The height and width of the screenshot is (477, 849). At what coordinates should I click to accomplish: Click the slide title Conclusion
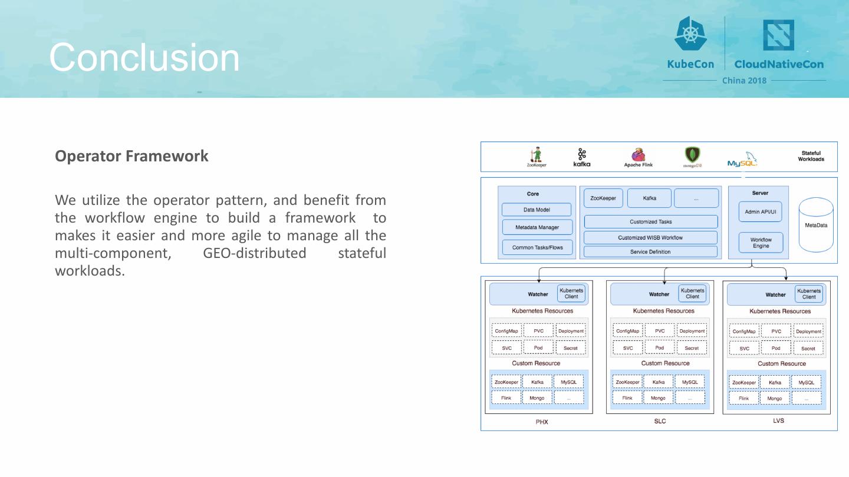(x=144, y=58)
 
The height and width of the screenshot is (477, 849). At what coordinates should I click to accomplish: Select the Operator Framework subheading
(x=131, y=156)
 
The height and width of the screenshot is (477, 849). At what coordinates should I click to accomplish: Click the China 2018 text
(x=744, y=80)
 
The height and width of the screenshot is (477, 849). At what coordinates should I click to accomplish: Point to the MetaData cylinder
(x=816, y=225)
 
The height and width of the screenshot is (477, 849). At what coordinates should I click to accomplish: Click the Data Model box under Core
(x=537, y=210)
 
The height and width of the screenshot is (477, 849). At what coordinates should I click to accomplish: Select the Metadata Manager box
(x=537, y=227)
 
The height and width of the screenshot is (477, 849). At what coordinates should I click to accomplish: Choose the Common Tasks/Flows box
(x=537, y=247)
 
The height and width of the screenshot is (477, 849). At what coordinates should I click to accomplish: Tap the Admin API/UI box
(x=761, y=211)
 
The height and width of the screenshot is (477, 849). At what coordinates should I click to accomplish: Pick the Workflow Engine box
(x=761, y=243)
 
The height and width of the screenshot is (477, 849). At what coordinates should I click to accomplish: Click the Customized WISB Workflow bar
(x=650, y=238)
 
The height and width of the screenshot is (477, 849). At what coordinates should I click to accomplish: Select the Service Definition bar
(x=650, y=252)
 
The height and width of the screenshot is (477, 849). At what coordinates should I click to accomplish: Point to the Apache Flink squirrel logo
(x=638, y=155)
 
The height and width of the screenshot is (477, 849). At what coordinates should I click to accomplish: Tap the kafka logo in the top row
(x=582, y=158)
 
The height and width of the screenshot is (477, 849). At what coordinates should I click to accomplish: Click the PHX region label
(x=542, y=422)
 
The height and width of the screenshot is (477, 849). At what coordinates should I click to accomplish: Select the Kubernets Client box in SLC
(x=692, y=293)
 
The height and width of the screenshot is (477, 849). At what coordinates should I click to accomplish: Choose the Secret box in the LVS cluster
(x=808, y=349)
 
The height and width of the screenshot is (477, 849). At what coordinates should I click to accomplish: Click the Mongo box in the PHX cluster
(x=537, y=398)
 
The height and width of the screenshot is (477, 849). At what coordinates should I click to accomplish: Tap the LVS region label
(x=778, y=421)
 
